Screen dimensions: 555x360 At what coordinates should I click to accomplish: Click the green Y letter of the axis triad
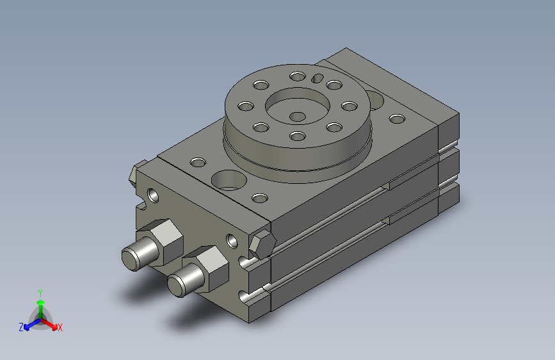pos(40,293)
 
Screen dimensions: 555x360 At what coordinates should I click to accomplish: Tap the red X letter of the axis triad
pos(60,327)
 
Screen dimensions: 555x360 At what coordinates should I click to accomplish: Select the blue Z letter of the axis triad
pos(21,327)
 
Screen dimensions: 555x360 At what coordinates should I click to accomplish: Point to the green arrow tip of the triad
pos(41,303)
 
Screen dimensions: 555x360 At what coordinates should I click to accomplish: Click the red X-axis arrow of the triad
pos(49,323)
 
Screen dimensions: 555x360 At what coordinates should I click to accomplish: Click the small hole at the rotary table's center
pos(297,116)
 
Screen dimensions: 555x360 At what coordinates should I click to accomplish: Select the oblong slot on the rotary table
pos(318,78)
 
